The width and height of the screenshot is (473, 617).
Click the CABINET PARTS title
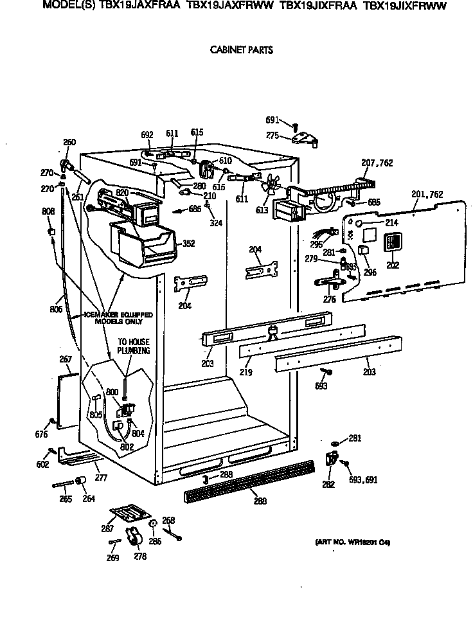click(241, 50)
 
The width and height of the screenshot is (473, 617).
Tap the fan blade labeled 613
click(271, 186)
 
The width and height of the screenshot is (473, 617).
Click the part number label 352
click(188, 244)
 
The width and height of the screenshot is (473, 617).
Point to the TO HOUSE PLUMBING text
click(133, 346)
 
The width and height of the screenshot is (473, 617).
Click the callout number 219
click(246, 372)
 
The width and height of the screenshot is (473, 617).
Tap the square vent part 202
click(392, 242)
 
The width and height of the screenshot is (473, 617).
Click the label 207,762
click(377, 164)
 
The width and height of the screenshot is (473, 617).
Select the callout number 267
click(66, 359)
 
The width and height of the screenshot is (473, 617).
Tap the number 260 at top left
click(69, 142)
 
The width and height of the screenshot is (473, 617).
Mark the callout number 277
click(101, 478)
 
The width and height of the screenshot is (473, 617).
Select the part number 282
click(328, 485)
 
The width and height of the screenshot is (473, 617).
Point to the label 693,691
click(362, 478)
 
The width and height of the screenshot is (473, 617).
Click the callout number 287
click(107, 528)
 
